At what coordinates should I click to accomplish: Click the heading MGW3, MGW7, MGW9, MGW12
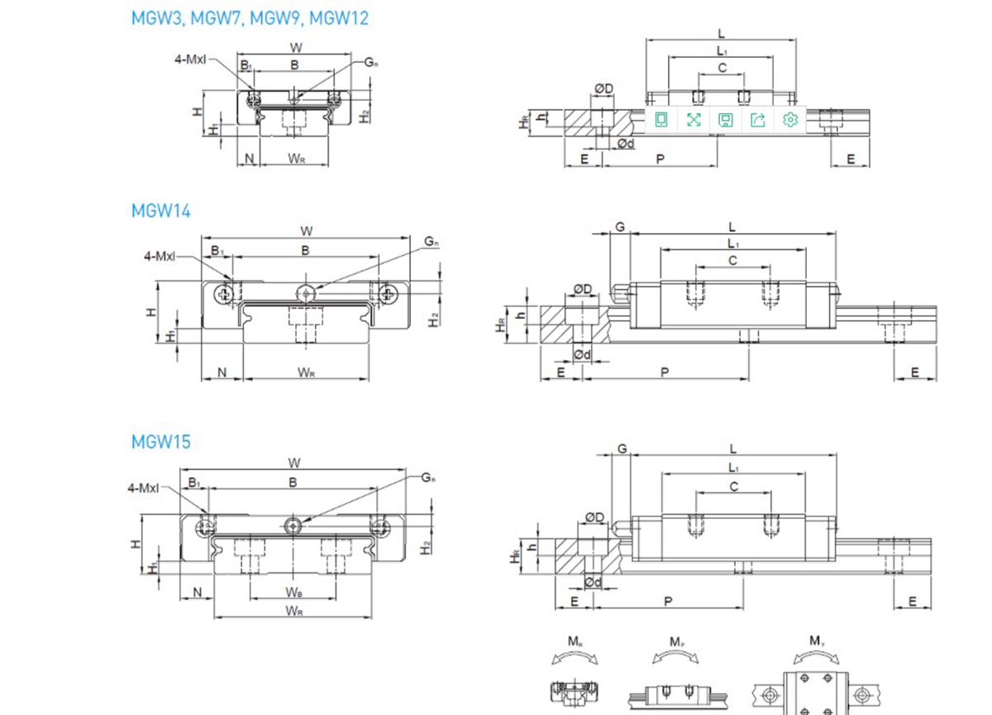click(x=250, y=18)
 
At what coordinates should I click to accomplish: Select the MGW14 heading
click(x=161, y=211)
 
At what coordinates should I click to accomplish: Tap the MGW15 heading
click(x=161, y=442)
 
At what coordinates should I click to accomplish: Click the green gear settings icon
click(x=790, y=120)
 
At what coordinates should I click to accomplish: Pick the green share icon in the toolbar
click(x=758, y=120)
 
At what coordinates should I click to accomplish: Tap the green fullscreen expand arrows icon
click(x=694, y=120)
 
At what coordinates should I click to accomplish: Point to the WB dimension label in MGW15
click(x=293, y=592)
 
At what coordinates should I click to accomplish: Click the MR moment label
click(x=575, y=641)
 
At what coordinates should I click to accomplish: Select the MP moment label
click(x=676, y=641)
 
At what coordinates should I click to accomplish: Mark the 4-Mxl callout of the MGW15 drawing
click(x=143, y=489)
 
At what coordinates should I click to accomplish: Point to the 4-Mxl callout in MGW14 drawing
click(x=160, y=257)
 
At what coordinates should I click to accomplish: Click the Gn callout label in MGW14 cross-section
click(x=432, y=242)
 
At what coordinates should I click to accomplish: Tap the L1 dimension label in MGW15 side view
click(x=733, y=468)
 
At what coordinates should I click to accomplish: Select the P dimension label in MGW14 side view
click(x=665, y=372)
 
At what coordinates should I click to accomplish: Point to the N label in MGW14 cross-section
click(x=222, y=372)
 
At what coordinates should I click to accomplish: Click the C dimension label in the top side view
click(x=722, y=68)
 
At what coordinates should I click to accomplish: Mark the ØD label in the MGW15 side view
click(x=594, y=519)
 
